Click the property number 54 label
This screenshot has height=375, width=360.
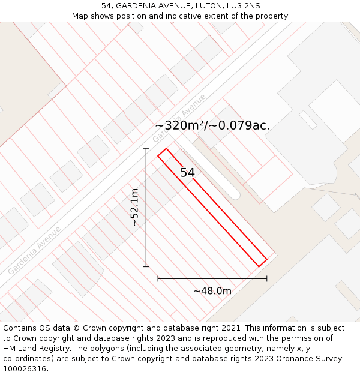[187, 173]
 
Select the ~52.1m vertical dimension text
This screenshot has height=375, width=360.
[135, 207]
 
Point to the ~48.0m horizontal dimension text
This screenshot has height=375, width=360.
[212, 291]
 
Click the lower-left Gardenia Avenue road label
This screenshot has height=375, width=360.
[34, 250]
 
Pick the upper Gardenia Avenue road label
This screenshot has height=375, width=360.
[179, 118]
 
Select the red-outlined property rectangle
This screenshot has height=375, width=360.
[212, 207]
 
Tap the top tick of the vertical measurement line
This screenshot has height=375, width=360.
[146, 148]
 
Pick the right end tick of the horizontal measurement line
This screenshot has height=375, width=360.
[267, 278]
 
